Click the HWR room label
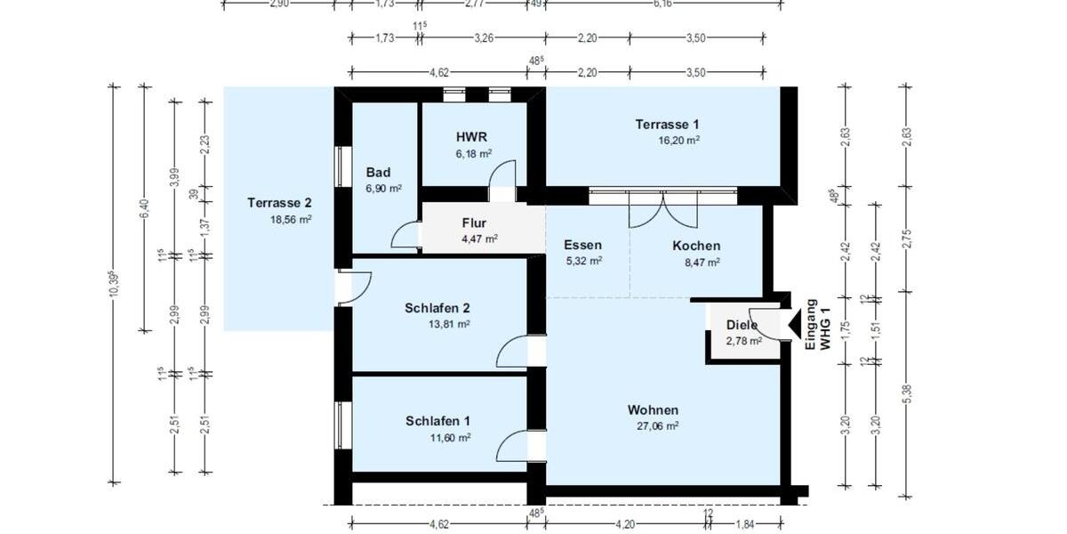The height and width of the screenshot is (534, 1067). point(471,137)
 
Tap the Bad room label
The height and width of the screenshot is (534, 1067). point(378,173)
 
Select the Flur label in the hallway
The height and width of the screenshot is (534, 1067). point(474,222)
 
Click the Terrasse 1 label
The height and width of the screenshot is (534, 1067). point(667,124)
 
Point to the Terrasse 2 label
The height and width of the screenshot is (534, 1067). point(279,203)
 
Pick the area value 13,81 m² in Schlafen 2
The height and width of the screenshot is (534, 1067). point(449,324)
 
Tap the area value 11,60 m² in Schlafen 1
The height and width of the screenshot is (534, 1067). point(450,437)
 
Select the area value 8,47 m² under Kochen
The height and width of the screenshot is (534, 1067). point(696,262)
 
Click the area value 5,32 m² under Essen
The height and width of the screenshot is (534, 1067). point(583,261)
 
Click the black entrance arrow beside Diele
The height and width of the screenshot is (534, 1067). point(788,325)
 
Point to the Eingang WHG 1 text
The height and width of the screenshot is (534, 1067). point(816,327)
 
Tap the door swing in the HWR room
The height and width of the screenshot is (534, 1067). point(503,175)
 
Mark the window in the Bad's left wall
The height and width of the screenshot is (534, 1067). point(338,166)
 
